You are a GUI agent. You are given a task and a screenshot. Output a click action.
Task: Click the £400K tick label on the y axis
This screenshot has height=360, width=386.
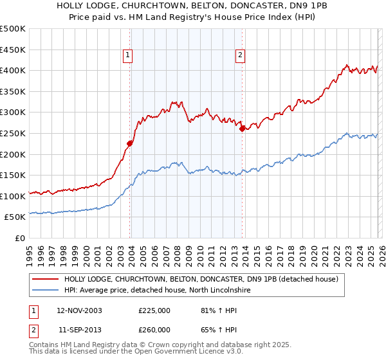(13, 70)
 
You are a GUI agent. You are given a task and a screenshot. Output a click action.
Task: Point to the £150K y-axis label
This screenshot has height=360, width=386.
(13, 175)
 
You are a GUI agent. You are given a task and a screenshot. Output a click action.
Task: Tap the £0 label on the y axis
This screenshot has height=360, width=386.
(19, 238)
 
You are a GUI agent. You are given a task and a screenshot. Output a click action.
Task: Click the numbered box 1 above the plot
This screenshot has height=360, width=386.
(128, 56)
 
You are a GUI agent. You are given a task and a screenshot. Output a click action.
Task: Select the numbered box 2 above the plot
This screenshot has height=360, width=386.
(240, 56)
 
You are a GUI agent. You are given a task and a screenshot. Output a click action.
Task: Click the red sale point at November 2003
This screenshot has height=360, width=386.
(130, 143)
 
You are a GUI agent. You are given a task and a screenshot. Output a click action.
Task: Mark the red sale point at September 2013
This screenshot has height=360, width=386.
(242, 129)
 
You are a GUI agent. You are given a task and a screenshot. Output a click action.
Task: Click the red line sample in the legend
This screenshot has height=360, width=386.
(45, 279)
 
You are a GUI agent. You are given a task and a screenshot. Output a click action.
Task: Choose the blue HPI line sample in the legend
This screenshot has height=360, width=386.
(45, 291)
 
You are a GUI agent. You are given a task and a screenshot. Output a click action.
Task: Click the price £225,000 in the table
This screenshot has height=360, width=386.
(154, 310)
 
